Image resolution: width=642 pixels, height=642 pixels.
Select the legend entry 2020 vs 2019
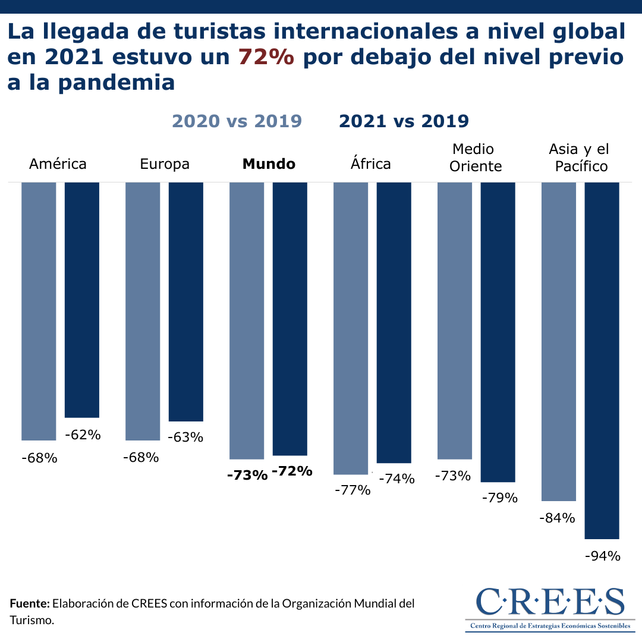tap(237, 121)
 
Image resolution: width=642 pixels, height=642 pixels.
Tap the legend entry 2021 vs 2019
tap(404, 121)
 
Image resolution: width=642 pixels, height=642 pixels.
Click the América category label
tap(58, 163)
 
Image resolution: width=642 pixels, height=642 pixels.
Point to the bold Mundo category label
tap(269, 164)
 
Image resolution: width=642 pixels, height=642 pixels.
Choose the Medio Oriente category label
tap(476, 158)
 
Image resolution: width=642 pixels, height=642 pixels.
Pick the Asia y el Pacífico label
tap(578, 158)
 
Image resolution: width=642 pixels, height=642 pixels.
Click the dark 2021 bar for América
tap(81, 300)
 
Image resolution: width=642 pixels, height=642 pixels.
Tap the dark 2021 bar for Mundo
tap(289, 319)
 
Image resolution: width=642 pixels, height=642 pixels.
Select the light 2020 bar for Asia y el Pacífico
tap(559, 341)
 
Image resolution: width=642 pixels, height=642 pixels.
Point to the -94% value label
tap(603, 556)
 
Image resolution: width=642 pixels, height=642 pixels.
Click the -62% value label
tap(83, 435)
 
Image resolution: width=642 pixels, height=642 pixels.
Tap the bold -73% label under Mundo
tap(247, 475)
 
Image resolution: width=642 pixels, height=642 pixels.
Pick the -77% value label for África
tap(353, 490)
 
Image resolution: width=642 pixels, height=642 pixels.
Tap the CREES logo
tap(550, 608)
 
